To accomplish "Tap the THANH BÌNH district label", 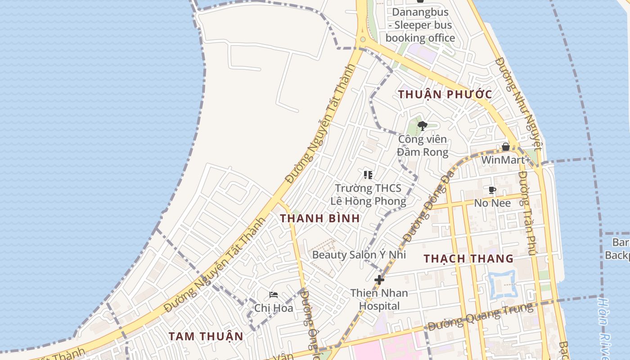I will click(x=320, y=218).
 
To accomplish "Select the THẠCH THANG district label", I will click(x=468, y=258).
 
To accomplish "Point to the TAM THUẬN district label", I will click(x=206, y=336).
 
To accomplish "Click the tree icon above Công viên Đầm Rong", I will click(x=422, y=126).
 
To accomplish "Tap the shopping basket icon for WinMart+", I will click(x=506, y=147).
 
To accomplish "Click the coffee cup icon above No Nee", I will click(x=492, y=190).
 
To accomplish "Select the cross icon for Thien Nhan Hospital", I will click(x=379, y=280).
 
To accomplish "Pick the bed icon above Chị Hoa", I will click(x=274, y=295).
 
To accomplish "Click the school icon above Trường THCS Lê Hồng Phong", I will click(x=368, y=175).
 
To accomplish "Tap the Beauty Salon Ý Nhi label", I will click(x=359, y=255).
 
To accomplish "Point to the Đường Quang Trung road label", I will click(x=480, y=317).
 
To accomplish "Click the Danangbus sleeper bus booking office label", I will click(x=420, y=25).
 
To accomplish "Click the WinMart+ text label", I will click(x=506, y=160).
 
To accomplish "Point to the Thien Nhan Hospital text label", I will click(x=379, y=300).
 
